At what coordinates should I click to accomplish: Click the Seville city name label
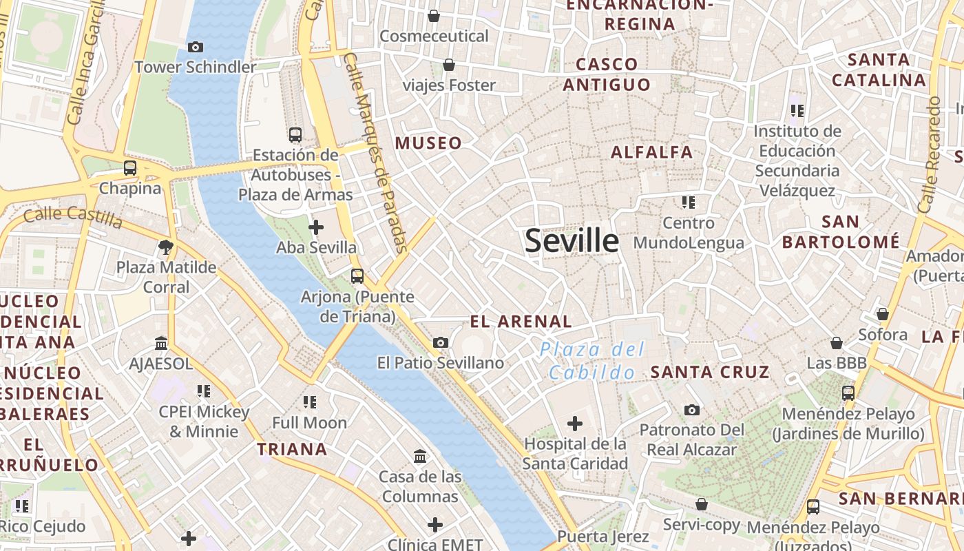click(572, 240)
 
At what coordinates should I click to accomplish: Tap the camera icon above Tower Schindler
click(196, 47)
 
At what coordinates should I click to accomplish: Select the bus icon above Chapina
click(130, 167)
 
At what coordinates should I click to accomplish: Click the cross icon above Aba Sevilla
click(316, 227)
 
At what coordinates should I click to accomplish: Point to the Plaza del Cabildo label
click(592, 361)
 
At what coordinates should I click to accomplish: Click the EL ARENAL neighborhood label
click(521, 321)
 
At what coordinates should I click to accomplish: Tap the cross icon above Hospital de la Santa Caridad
click(575, 423)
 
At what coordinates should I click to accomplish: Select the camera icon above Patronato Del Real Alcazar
click(692, 410)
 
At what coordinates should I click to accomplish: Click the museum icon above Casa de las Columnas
click(420, 456)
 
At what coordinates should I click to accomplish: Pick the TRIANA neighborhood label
click(292, 449)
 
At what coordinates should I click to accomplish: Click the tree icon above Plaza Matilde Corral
click(165, 247)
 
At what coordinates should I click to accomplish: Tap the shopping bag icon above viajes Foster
click(449, 65)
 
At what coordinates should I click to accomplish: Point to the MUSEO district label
click(428, 143)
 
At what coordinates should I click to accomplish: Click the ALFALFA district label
click(652, 152)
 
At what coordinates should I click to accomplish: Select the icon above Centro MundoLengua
click(689, 202)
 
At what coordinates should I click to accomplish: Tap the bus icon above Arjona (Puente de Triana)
click(357, 276)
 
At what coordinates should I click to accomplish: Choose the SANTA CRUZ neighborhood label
click(710, 372)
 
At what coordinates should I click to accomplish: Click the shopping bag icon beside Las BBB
click(837, 342)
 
